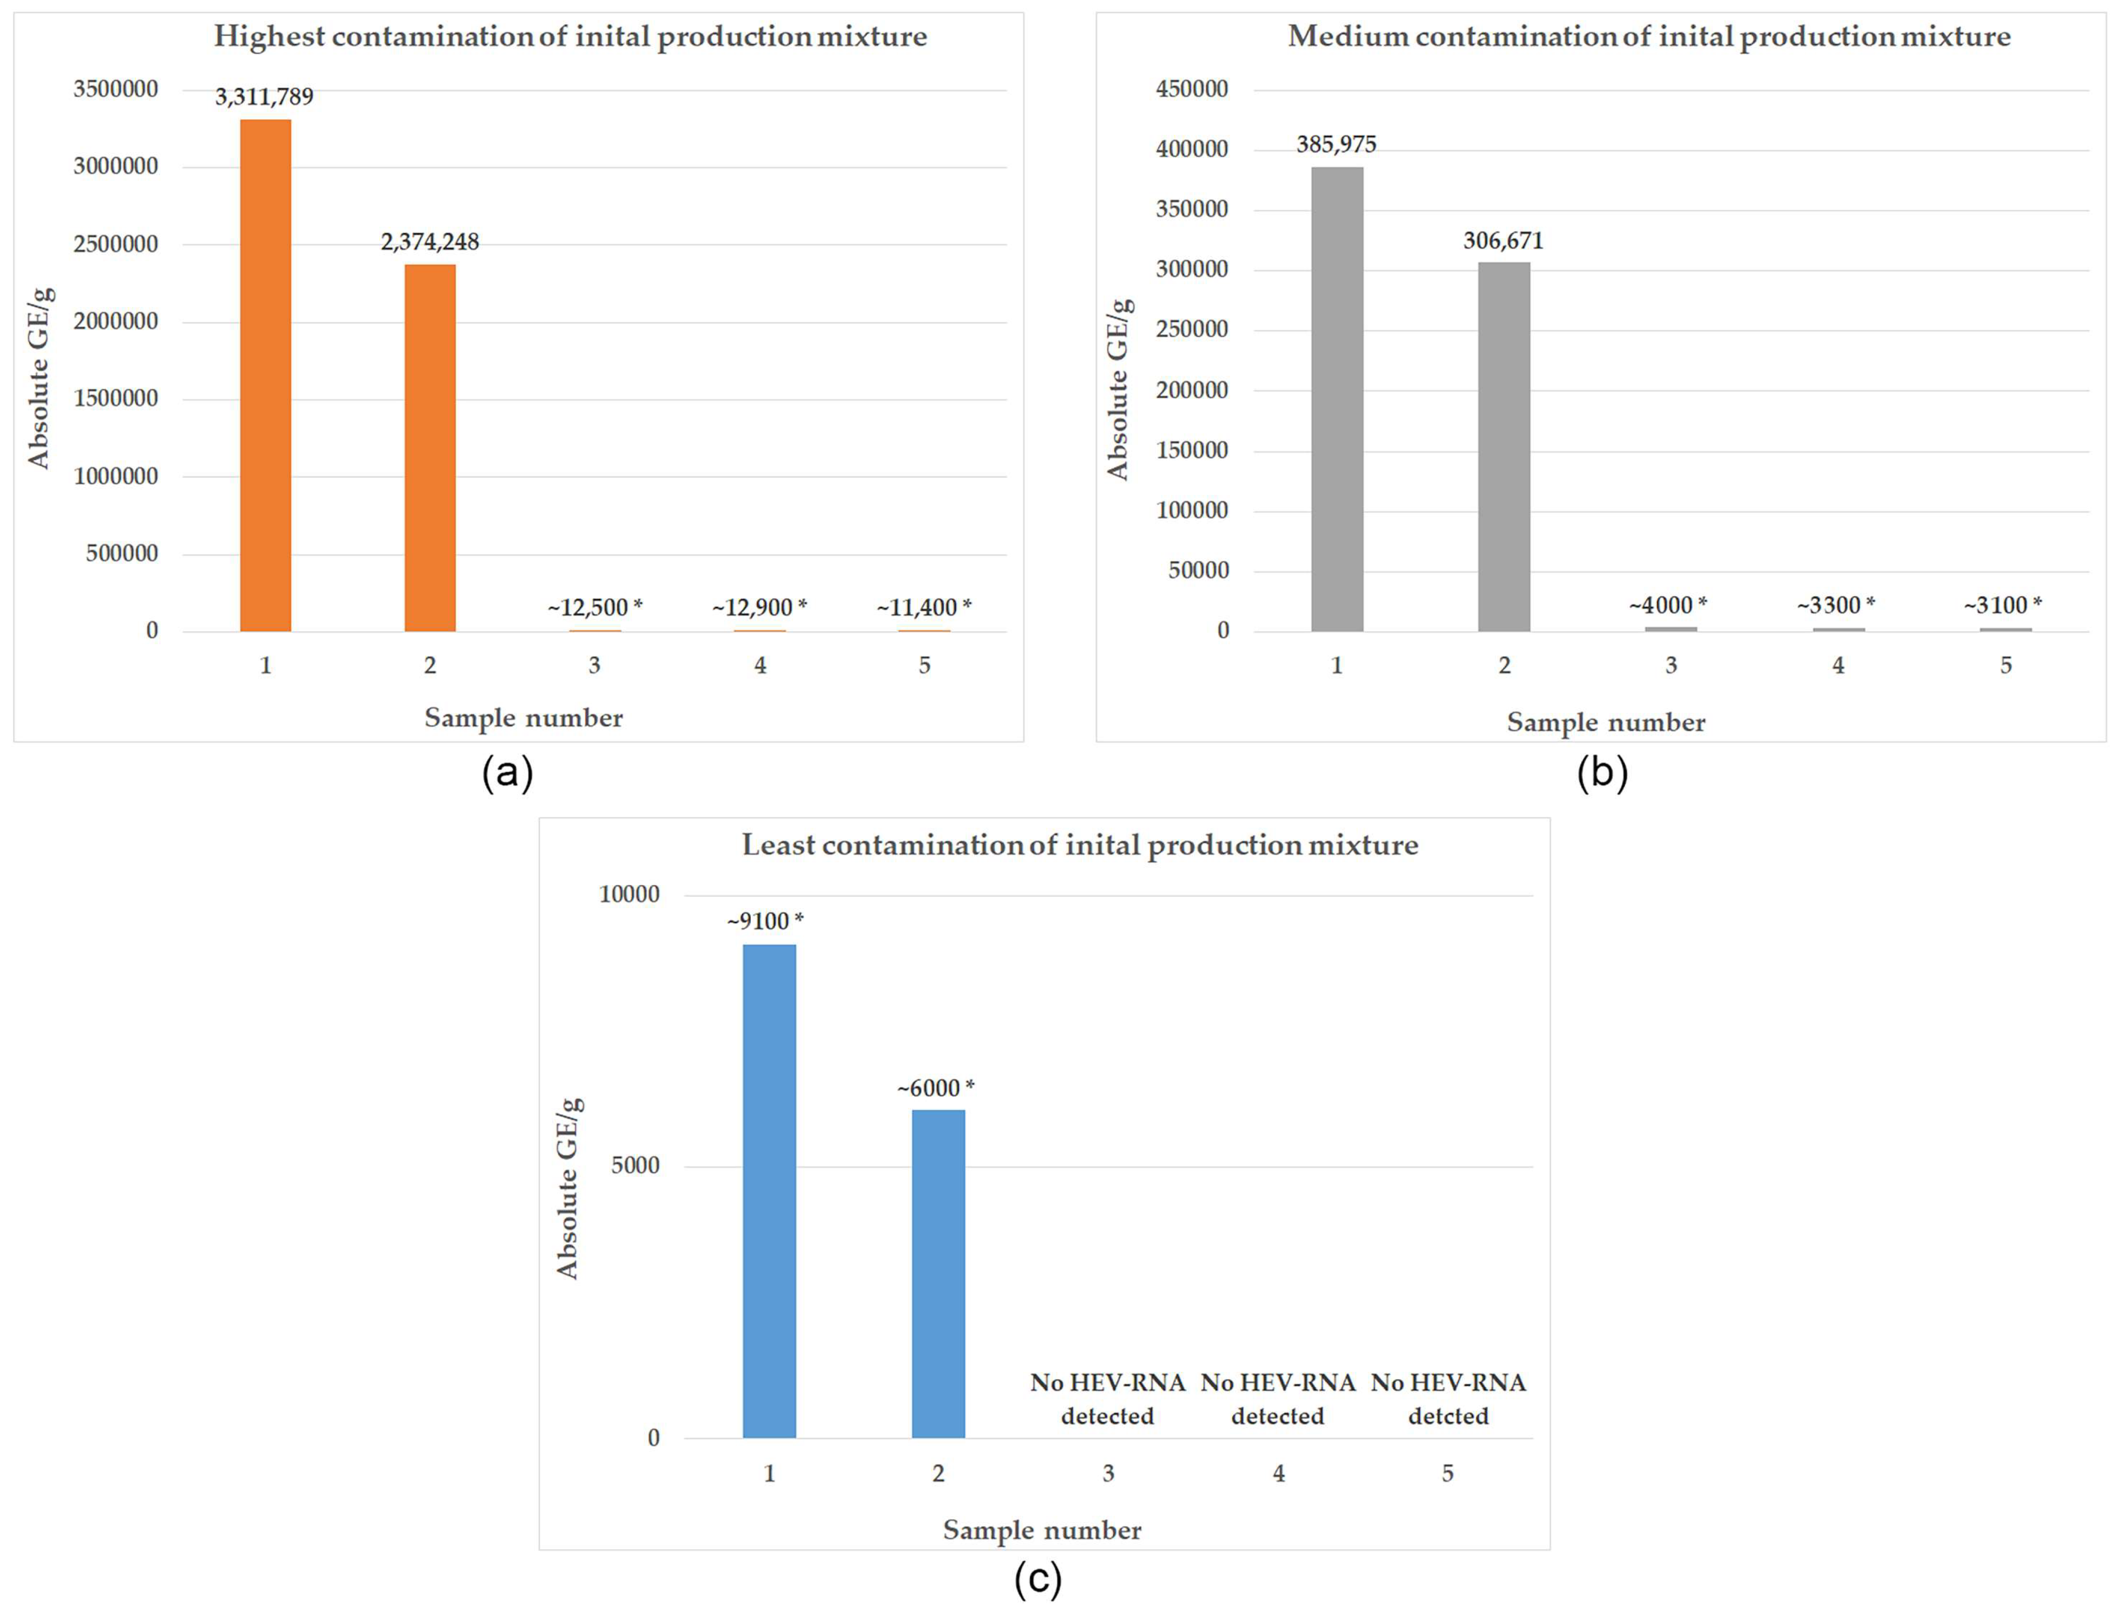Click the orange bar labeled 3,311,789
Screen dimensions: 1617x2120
tap(266, 375)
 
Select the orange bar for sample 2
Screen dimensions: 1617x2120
tap(430, 448)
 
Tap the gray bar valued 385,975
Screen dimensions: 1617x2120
tap(1337, 400)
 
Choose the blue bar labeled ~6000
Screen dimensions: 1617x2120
tap(938, 1273)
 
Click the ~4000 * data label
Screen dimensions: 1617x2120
tap(1667, 605)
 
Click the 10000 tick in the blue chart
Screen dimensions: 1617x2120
tap(629, 894)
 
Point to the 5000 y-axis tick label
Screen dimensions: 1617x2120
tap(635, 1165)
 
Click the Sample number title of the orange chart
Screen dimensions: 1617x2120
tap(524, 718)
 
